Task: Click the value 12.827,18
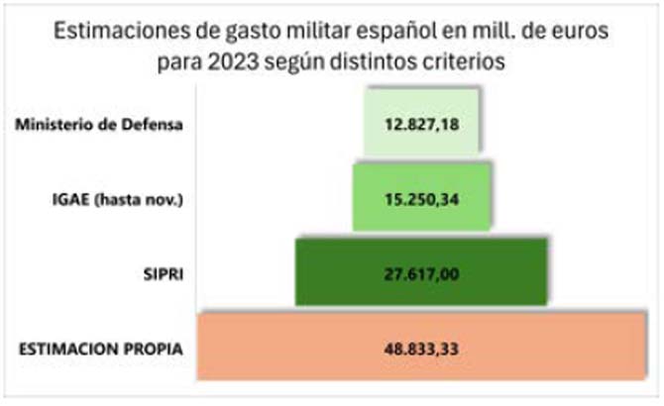421,126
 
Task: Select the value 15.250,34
421,198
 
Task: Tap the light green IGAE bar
372,198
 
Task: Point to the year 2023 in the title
233,59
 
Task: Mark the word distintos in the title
382,59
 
